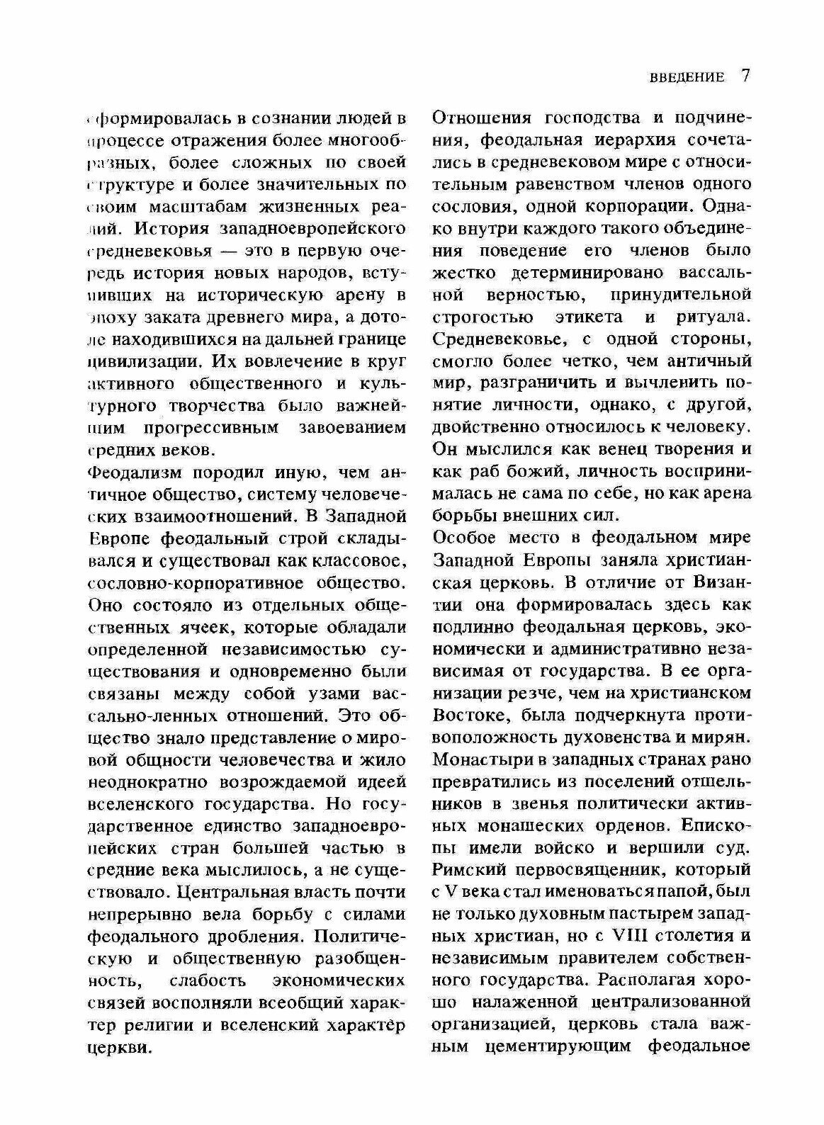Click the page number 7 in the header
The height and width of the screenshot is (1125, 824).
745,76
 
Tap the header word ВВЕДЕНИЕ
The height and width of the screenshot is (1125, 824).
687,77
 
